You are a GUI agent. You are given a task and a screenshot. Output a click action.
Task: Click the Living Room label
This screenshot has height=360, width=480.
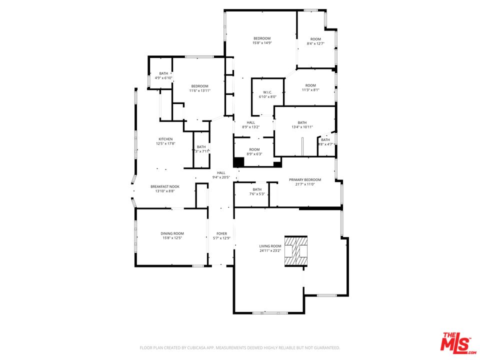coord(270,246)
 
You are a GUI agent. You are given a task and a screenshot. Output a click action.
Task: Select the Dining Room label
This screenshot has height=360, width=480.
coord(172,233)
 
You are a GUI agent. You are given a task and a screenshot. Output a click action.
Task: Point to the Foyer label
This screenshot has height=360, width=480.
coord(221,233)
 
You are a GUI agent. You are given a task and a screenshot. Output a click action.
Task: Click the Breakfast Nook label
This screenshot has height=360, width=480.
coord(165,186)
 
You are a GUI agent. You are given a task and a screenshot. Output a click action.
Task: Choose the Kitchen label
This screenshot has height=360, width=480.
coord(165,139)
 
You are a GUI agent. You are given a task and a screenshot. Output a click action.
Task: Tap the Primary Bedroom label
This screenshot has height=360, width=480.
coord(305,179)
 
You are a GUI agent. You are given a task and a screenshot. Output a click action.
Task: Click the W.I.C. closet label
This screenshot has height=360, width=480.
coord(267,92)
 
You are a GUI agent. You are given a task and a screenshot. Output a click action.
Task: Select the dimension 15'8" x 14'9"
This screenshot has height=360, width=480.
coord(262,43)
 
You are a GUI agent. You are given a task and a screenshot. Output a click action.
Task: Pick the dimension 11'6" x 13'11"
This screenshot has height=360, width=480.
coord(199,90)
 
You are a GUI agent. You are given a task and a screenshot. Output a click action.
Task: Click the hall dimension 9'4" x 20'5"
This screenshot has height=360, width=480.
coord(221,177)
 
